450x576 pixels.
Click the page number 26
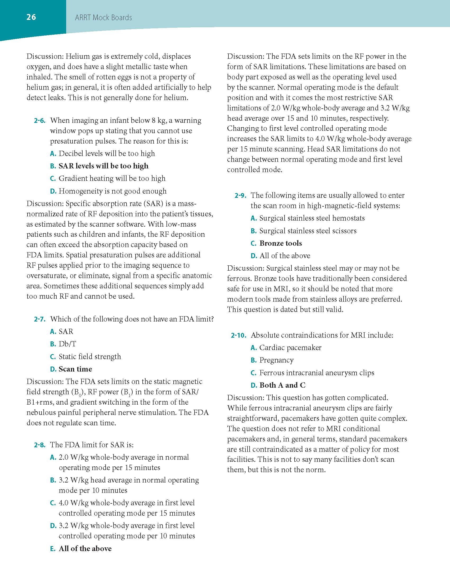tap(31, 17)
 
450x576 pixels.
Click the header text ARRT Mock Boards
tap(103, 18)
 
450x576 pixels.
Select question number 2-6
tap(40, 121)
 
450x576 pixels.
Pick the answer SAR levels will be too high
tap(103, 166)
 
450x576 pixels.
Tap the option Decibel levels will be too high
tap(106, 154)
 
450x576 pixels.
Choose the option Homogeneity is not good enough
tap(112, 191)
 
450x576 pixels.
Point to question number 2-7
tap(40, 319)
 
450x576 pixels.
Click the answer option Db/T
tap(67, 344)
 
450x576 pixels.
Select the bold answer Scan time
tap(75, 369)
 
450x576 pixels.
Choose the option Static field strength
tap(90, 356)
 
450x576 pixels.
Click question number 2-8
tap(40, 445)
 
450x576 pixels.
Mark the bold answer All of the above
tap(85, 548)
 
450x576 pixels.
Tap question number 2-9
tap(240, 196)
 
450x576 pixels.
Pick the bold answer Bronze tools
tap(281, 243)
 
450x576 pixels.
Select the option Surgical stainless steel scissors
tap(308, 231)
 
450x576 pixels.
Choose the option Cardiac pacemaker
tap(290, 348)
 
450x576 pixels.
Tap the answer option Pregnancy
tap(276, 360)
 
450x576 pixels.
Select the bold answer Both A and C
tap(282, 385)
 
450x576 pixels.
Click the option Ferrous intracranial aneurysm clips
tap(317, 373)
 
